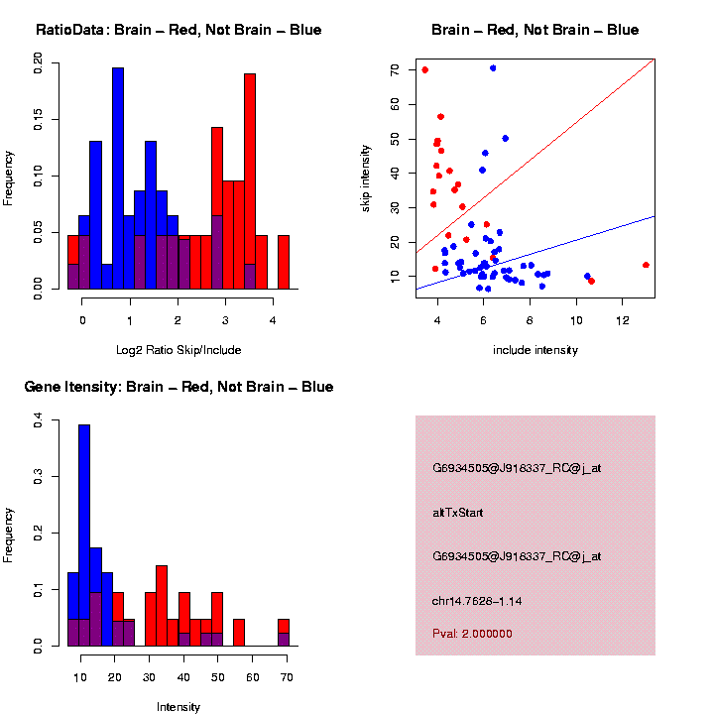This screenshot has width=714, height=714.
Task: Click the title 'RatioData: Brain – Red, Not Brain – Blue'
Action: [178, 30]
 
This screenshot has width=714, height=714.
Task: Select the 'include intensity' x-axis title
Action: [535, 350]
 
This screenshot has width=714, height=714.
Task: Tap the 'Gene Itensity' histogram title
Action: [178, 387]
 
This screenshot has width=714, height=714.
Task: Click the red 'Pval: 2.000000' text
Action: [472, 634]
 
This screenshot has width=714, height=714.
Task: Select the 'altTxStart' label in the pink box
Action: [458, 513]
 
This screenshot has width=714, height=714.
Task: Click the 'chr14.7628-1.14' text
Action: [477, 601]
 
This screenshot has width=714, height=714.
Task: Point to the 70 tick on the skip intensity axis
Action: [395, 70]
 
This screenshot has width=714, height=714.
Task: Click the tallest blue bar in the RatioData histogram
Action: [118, 178]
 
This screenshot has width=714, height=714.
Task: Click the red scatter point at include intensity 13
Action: [646, 265]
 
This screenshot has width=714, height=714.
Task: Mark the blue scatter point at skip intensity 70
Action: [493, 68]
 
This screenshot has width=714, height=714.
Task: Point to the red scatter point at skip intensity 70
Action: [424, 69]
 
